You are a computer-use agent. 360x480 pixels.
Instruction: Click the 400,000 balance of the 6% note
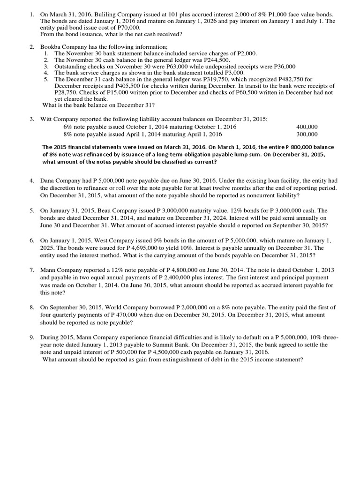[307, 127]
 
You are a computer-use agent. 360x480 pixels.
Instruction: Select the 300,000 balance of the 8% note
[307, 134]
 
